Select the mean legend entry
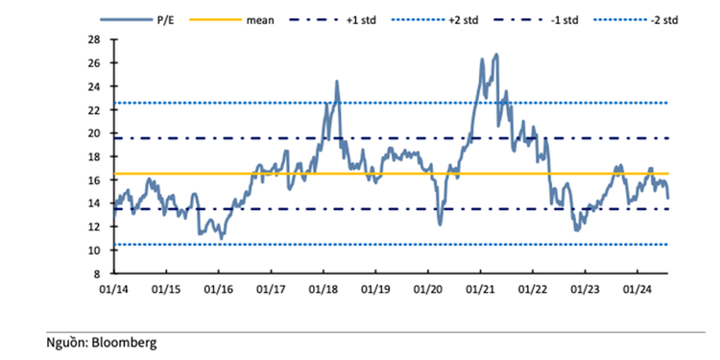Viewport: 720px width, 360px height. pos(257,18)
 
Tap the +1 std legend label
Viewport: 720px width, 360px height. pos(362,18)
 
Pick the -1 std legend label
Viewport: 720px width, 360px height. pos(567,18)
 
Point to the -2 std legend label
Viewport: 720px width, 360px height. pos(669,18)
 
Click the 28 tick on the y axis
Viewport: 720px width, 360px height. pos(94,39)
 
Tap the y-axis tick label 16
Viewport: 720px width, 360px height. pos(94,180)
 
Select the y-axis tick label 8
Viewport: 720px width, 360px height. pos(97,274)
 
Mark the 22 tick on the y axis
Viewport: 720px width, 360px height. pos(94,109)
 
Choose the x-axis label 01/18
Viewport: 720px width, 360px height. pos(323,286)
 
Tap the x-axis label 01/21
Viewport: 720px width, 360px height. pos(480,286)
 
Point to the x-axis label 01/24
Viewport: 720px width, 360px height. pos(637,286)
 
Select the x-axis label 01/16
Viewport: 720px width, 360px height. pos(218,286)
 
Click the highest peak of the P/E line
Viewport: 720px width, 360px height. pos(495,55)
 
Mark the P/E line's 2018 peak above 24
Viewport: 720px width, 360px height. pos(337,82)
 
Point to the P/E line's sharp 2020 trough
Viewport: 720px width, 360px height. pos(440,224)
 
